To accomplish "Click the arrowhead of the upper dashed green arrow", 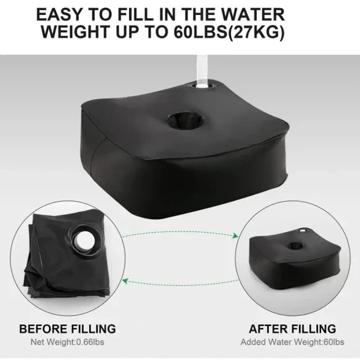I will (236, 235).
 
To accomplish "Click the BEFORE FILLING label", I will (67, 328).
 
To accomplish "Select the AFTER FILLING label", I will (292, 328).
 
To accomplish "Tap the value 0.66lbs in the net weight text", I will (92, 342).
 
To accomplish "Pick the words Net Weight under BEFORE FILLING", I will (52, 342).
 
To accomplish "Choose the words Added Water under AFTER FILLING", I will (268, 342).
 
